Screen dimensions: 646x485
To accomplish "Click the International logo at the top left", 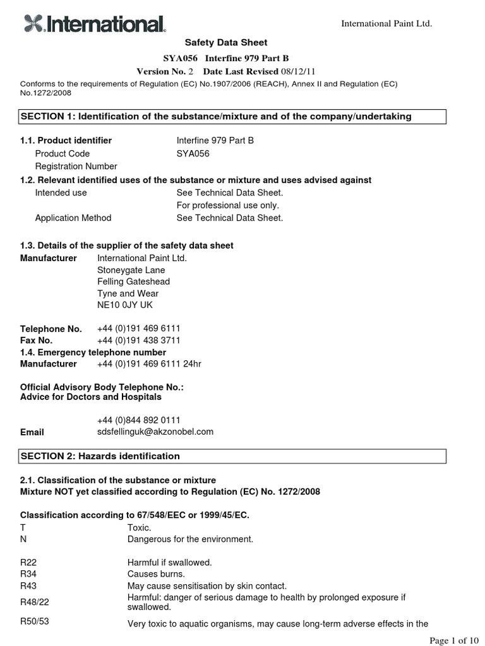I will [95, 24].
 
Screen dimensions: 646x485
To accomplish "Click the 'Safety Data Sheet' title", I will [225, 42].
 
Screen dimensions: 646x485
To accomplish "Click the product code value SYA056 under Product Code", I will [193, 153].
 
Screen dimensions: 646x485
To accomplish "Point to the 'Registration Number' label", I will [76, 167].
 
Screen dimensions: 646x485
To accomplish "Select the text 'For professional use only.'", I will [227, 205].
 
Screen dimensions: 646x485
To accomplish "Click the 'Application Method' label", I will [73, 218].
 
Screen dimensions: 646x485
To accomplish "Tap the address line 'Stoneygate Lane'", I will [131, 270].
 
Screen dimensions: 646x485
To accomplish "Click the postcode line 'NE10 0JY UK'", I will [124, 305].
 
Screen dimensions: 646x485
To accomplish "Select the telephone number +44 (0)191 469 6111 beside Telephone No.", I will [138, 329].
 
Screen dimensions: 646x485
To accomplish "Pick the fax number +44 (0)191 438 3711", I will [138, 341].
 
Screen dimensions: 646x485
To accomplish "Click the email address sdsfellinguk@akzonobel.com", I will [155, 432].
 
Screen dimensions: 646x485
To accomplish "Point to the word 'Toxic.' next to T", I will [140, 527].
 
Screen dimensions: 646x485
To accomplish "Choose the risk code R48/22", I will [33, 602].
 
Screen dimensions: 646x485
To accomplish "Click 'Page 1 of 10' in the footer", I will [453, 640].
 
